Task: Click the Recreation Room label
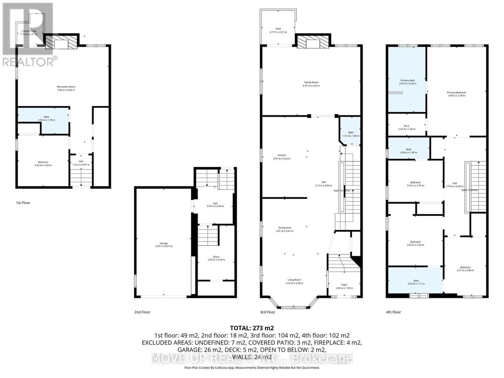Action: (x=66, y=87)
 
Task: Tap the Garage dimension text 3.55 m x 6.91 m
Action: (x=163, y=246)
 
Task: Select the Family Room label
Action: (x=311, y=82)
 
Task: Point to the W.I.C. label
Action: (x=406, y=126)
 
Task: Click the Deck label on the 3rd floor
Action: (x=278, y=29)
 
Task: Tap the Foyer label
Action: (x=344, y=285)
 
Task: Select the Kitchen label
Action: (x=282, y=155)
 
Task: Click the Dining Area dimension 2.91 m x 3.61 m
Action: (x=284, y=231)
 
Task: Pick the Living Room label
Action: (x=294, y=280)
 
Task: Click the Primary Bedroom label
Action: (x=456, y=93)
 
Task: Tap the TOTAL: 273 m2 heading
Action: (x=250, y=328)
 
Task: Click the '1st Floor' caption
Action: (x=23, y=203)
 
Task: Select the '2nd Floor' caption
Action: (x=142, y=312)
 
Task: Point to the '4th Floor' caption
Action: (x=393, y=312)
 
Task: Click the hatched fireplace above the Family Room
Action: (x=313, y=42)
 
